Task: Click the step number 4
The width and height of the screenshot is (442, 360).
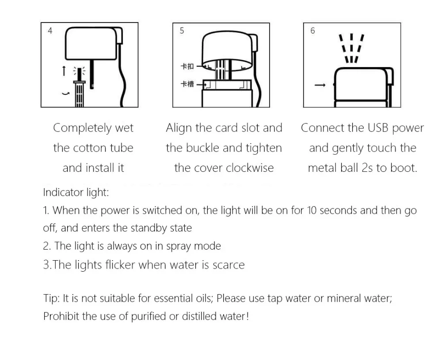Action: tap(50, 31)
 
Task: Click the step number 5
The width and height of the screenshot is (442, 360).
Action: tap(182, 31)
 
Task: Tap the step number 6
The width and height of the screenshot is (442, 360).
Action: tap(312, 31)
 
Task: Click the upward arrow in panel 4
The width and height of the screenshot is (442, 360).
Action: tap(64, 71)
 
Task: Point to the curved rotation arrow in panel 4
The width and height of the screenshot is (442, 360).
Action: tap(66, 93)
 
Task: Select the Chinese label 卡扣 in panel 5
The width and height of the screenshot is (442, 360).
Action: tap(187, 67)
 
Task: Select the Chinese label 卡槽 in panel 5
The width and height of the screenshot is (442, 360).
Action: tap(187, 84)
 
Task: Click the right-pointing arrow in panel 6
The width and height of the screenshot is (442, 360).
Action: tap(320, 85)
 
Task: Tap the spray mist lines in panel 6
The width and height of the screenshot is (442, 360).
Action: tap(351, 48)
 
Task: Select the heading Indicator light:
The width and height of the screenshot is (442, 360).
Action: tap(76, 193)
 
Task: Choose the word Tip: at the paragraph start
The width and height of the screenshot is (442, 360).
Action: tap(51, 298)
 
